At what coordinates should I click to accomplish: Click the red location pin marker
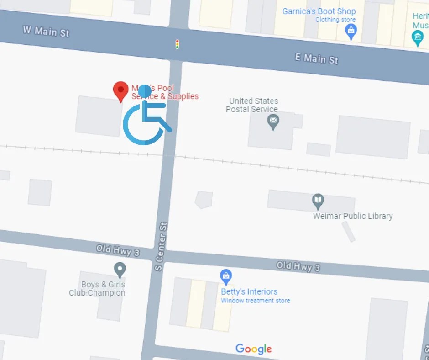click(x=121, y=90)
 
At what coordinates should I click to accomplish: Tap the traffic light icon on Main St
click(x=178, y=44)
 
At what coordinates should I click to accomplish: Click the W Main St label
click(x=46, y=31)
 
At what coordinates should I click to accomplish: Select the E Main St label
click(x=316, y=58)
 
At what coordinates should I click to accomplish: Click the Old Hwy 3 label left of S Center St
click(x=118, y=250)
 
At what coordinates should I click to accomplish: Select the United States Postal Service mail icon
click(x=273, y=121)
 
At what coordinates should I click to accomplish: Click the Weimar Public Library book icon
click(x=318, y=200)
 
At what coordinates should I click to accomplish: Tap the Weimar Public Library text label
click(x=353, y=216)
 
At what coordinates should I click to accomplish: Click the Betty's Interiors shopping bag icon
click(x=226, y=276)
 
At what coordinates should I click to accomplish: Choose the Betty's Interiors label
click(x=249, y=291)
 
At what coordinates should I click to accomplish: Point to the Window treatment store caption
click(x=256, y=301)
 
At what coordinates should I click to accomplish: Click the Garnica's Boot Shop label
click(x=319, y=11)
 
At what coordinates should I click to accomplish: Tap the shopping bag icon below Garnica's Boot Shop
click(x=351, y=31)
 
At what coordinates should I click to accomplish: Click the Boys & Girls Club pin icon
click(x=120, y=269)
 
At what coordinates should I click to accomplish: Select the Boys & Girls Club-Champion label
click(x=97, y=289)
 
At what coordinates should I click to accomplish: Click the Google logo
click(x=254, y=349)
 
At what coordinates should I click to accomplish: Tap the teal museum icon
click(x=418, y=37)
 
